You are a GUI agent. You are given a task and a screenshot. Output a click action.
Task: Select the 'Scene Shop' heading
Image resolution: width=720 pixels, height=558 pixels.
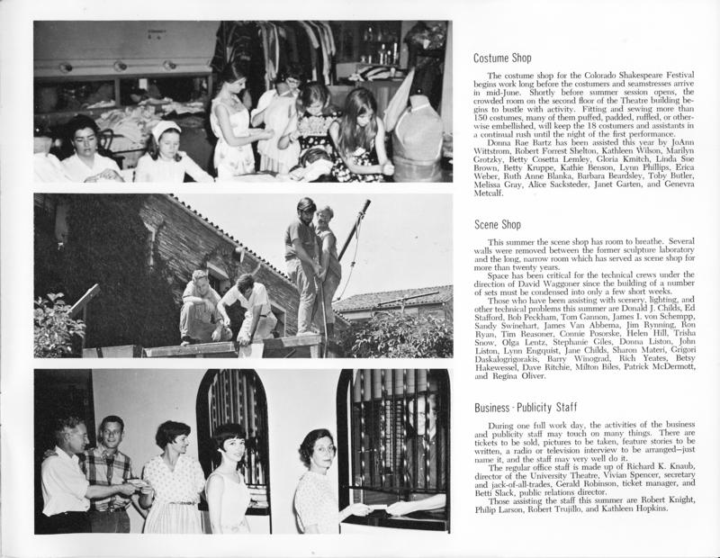(x=499, y=225)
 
